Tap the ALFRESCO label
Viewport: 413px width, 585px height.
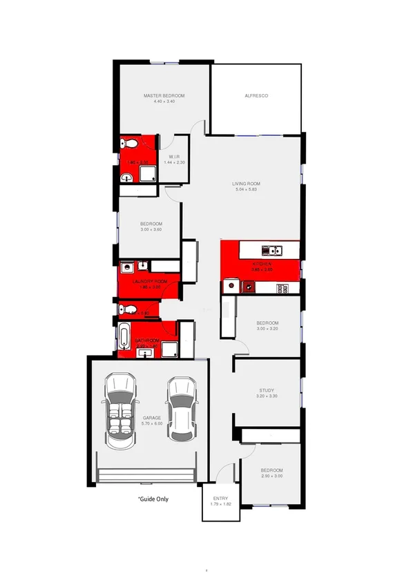[x=256, y=95]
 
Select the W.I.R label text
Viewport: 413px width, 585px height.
[x=174, y=156]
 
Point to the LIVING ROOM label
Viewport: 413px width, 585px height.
[x=245, y=183]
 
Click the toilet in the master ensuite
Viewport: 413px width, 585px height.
[x=126, y=145]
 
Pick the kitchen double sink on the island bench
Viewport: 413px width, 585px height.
[x=269, y=250]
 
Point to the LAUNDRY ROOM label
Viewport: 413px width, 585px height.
[x=151, y=282]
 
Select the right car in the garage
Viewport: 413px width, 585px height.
[x=181, y=408]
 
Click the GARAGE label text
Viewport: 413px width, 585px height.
[x=152, y=418]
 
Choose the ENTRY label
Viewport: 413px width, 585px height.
[x=220, y=499]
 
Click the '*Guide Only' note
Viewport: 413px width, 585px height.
[x=153, y=499]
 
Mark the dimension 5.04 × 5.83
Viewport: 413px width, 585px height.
[x=245, y=189]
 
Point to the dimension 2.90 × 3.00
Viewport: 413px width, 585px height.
[x=271, y=477]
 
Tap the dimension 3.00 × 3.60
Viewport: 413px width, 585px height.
[x=151, y=230]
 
